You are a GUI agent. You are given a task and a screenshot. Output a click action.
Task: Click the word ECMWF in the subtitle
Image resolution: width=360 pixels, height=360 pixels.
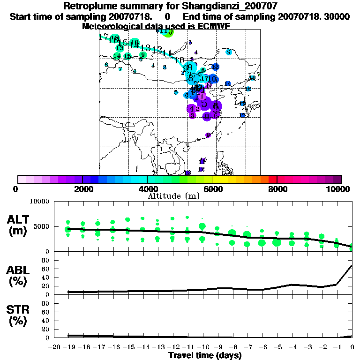[x=210, y=26]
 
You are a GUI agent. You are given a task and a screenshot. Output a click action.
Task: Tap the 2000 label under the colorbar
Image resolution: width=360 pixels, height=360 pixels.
[x=82, y=189]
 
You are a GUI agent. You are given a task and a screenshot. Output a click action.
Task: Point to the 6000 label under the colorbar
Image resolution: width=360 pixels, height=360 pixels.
[x=212, y=189]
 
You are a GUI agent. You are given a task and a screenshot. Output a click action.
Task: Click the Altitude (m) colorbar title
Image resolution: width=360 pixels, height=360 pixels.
[x=173, y=196]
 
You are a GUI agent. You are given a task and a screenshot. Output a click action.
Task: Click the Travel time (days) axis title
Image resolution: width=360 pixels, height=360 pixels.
[x=205, y=355]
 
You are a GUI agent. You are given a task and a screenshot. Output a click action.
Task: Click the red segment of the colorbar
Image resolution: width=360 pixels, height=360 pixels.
[x=272, y=179]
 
